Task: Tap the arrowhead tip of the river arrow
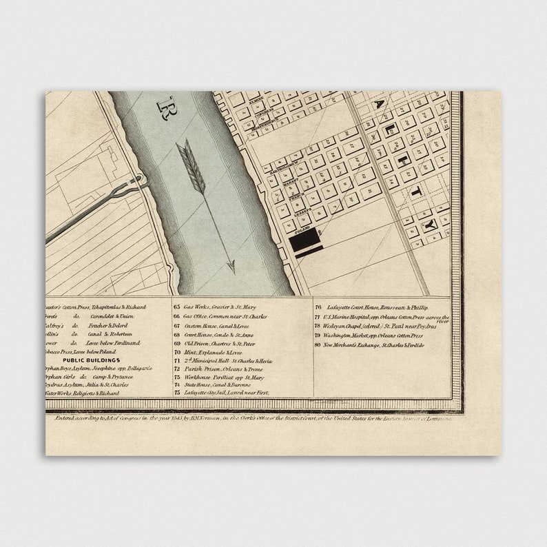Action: click(x=232, y=269)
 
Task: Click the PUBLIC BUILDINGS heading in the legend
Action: click(x=91, y=360)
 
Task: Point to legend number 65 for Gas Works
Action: click(x=177, y=307)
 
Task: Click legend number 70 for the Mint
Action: click(x=177, y=351)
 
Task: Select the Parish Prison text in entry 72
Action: click(x=203, y=369)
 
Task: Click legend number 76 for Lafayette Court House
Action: click(x=318, y=307)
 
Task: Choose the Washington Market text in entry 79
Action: click(x=351, y=335)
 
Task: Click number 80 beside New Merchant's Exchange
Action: click(x=318, y=344)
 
